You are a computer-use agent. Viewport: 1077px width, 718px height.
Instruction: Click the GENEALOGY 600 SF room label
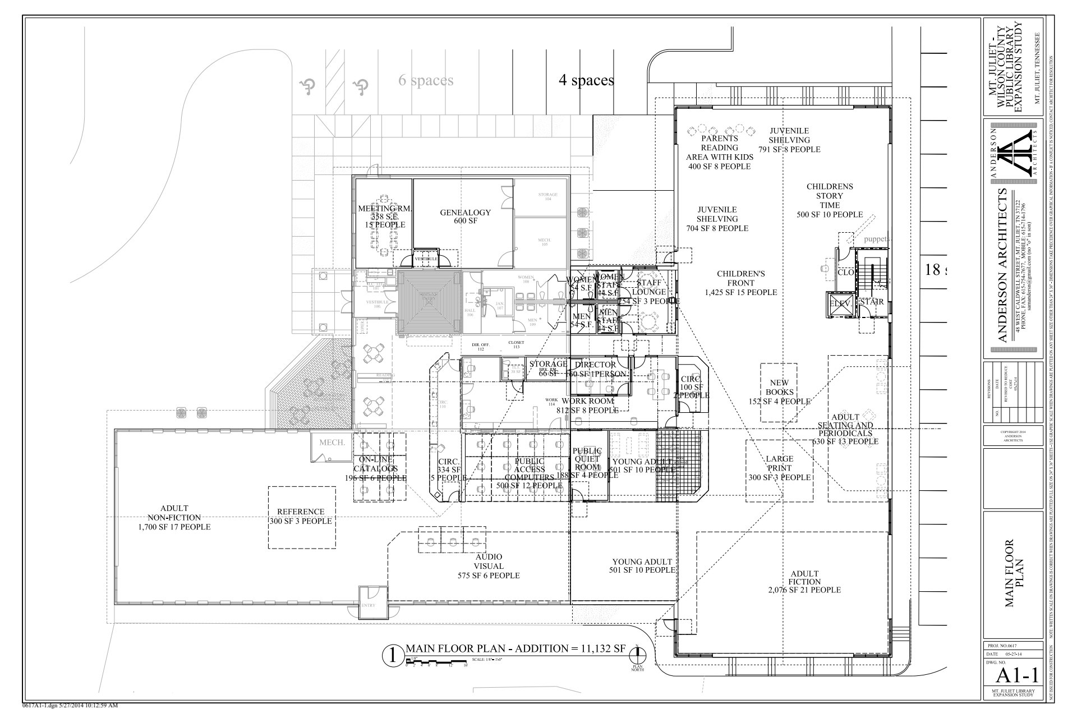click(x=465, y=217)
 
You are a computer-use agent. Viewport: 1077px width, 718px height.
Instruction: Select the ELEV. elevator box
click(x=841, y=303)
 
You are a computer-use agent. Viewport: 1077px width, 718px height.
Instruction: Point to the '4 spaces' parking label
click(x=586, y=81)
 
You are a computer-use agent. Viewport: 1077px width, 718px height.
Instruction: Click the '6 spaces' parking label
click(x=426, y=81)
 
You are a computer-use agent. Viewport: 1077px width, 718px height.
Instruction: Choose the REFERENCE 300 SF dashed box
click(x=301, y=517)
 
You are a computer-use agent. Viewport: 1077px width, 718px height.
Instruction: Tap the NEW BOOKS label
click(x=779, y=392)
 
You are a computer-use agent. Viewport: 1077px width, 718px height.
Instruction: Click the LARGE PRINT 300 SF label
click(x=779, y=468)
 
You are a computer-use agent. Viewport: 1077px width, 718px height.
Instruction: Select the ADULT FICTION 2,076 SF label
click(x=804, y=582)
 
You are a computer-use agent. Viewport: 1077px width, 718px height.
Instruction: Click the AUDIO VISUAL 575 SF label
click(x=488, y=566)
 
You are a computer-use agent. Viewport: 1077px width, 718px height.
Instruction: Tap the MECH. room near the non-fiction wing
click(x=332, y=443)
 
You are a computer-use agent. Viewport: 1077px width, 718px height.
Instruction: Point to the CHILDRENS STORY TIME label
click(x=829, y=200)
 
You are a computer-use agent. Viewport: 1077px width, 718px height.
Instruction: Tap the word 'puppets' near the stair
click(x=876, y=240)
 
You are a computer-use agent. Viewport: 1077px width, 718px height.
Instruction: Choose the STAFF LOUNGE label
click(x=648, y=287)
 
